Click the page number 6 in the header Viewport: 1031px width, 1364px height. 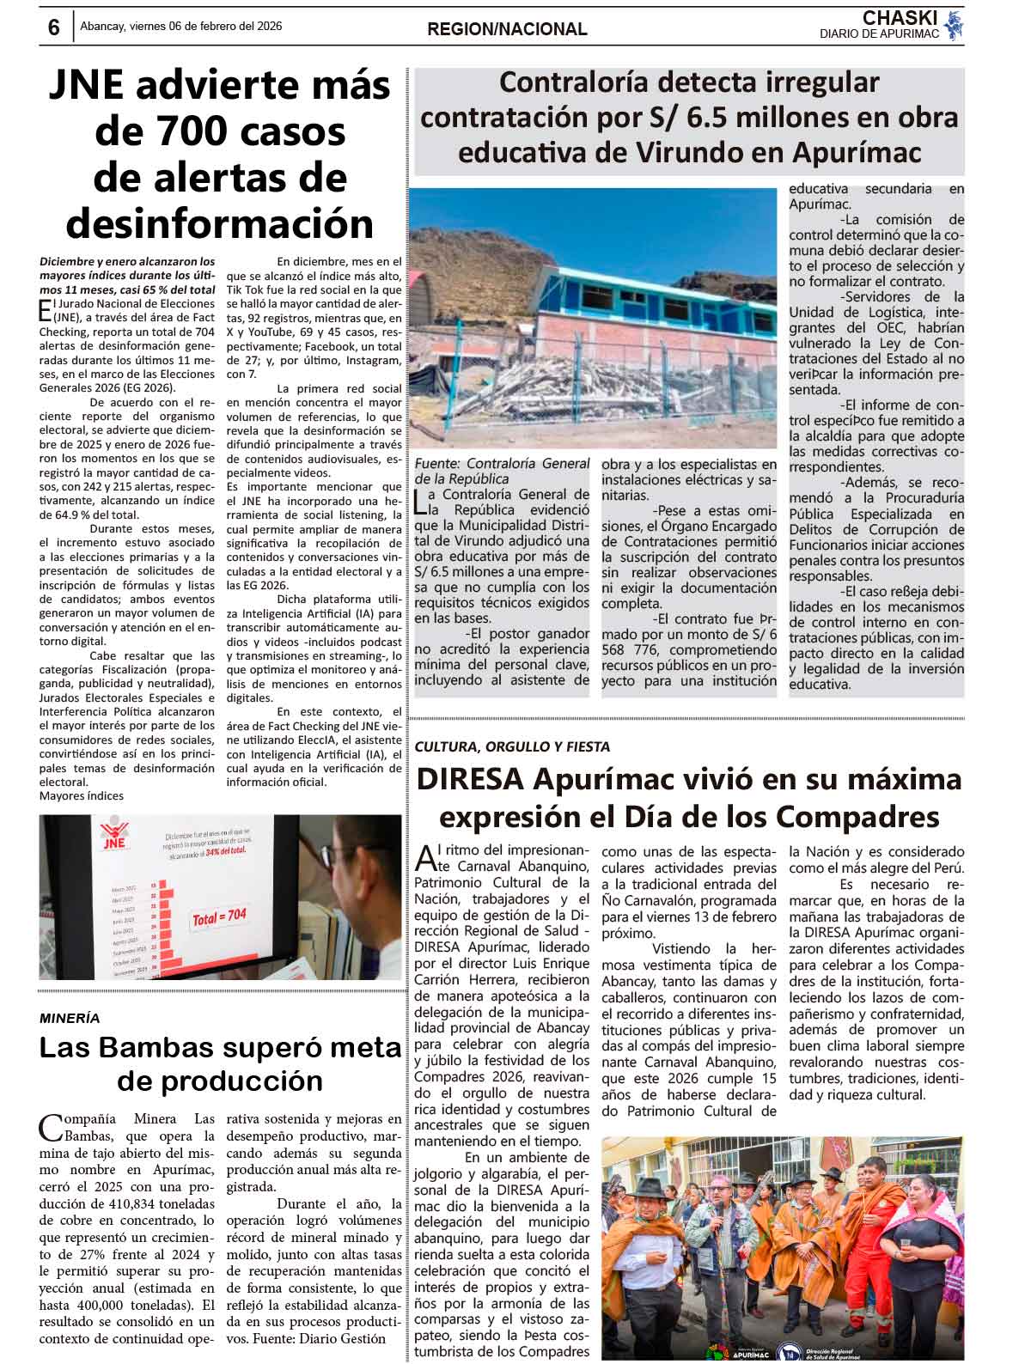[53, 28]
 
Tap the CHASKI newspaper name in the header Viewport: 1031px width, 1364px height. [900, 18]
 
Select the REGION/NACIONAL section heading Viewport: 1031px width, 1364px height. [507, 29]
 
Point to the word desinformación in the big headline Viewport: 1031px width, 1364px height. [220, 223]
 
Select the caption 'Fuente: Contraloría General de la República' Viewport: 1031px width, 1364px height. [502, 471]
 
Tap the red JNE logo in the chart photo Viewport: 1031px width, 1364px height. [113, 837]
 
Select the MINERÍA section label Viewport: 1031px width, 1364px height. [70, 1018]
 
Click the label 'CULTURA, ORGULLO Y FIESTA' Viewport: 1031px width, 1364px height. [512, 746]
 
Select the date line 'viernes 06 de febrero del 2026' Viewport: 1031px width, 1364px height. [204, 27]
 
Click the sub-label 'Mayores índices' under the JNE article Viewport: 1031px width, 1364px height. [82, 796]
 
